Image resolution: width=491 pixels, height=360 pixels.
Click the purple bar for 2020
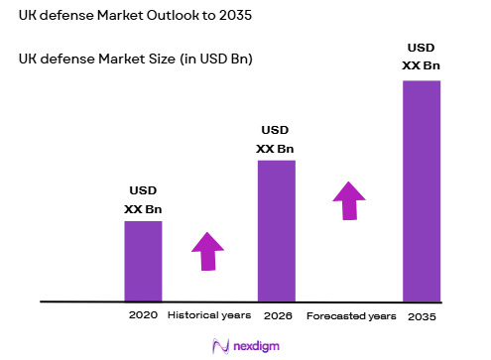[143, 260]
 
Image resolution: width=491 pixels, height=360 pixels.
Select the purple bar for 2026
[277, 230]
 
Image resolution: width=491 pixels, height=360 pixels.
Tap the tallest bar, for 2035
[421, 189]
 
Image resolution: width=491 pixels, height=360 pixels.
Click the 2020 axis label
[143, 315]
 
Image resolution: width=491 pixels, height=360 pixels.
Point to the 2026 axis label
[277, 315]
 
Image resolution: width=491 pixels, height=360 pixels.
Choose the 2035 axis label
[421, 315]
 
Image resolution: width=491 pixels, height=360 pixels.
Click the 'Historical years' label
[207, 315]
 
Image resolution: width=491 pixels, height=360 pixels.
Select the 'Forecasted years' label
[350, 315]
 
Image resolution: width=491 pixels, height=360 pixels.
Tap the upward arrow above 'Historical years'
[207, 251]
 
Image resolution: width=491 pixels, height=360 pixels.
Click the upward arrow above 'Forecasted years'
[348, 200]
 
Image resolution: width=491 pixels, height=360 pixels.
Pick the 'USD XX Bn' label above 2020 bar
[143, 200]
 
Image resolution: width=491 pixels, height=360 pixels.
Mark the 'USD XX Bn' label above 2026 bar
[276, 140]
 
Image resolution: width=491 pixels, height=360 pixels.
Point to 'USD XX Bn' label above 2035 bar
[421, 57]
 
